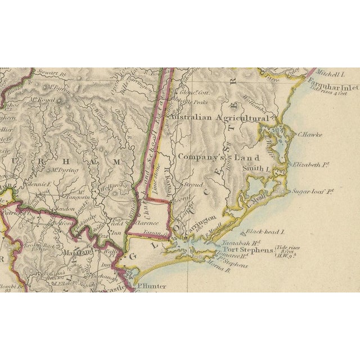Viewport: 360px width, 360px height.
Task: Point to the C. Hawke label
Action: coord(308,135)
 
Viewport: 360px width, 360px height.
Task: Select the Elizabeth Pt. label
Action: coord(310,165)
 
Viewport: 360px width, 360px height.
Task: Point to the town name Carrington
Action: coord(199,220)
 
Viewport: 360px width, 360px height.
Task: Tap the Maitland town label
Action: coord(80,254)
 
